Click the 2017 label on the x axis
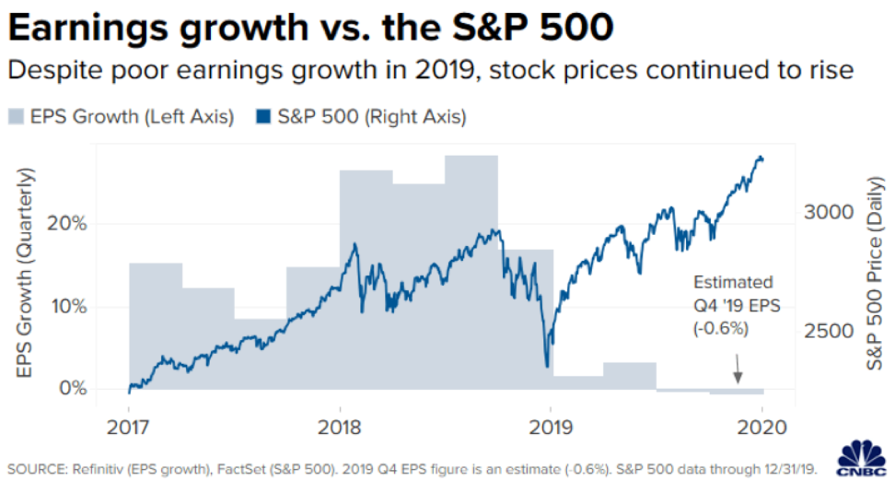(x=129, y=427)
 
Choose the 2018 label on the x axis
(x=340, y=427)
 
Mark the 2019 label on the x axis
(x=551, y=427)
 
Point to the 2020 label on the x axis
(x=761, y=427)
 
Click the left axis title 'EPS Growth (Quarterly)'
(x=27, y=275)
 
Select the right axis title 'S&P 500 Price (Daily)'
(x=876, y=275)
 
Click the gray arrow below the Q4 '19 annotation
(x=737, y=373)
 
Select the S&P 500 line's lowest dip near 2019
(x=547, y=366)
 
